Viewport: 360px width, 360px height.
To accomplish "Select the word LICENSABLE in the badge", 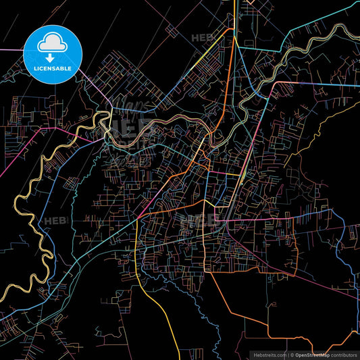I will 52,68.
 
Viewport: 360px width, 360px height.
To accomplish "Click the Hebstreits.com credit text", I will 269,354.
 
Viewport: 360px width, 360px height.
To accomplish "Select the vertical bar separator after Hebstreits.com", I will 287,354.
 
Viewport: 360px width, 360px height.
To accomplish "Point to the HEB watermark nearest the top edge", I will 203,38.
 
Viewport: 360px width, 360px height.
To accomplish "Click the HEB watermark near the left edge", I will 54,221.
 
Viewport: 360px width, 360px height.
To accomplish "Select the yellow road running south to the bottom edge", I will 169,324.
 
